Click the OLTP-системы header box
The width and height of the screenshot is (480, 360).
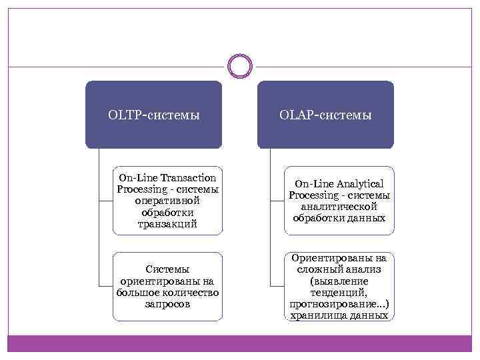(153, 115)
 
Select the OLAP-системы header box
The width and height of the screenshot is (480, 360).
(325, 115)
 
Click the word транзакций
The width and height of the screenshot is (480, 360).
(167, 224)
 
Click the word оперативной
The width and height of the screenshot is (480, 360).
(167, 201)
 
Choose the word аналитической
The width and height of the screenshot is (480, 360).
(339, 207)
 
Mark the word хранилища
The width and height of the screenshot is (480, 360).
(316, 315)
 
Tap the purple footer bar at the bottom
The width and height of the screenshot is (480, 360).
(239, 344)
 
